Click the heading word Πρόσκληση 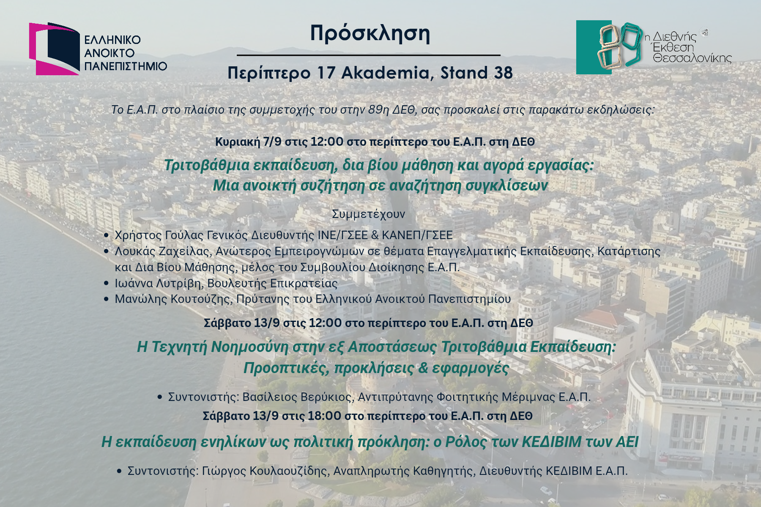(x=370, y=34)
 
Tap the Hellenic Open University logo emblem (x=54, y=49)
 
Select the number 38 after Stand (x=503, y=73)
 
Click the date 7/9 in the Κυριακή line (x=272, y=142)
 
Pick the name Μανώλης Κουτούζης (x=172, y=299)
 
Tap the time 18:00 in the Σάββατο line (x=324, y=416)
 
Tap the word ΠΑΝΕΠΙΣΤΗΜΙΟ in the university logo (x=126, y=66)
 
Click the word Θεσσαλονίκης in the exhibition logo (x=692, y=58)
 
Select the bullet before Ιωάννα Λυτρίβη (x=107, y=283)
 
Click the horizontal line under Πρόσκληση (x=368, y=55)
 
